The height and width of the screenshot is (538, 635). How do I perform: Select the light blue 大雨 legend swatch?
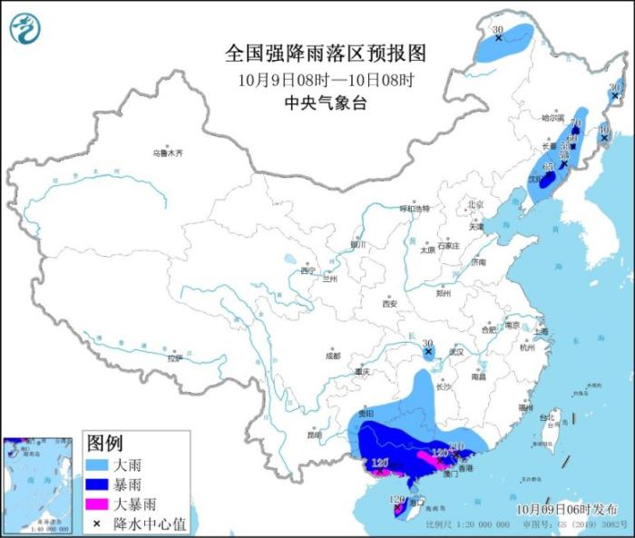point(98,465)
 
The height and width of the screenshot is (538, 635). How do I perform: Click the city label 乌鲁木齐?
point(167,153)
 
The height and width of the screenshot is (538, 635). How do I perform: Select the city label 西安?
point(389,304)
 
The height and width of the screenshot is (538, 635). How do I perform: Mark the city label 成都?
point(333,355)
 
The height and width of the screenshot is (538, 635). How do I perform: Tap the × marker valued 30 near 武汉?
point(427,350)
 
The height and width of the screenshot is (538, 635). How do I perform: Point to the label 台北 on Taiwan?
point(546,418)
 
